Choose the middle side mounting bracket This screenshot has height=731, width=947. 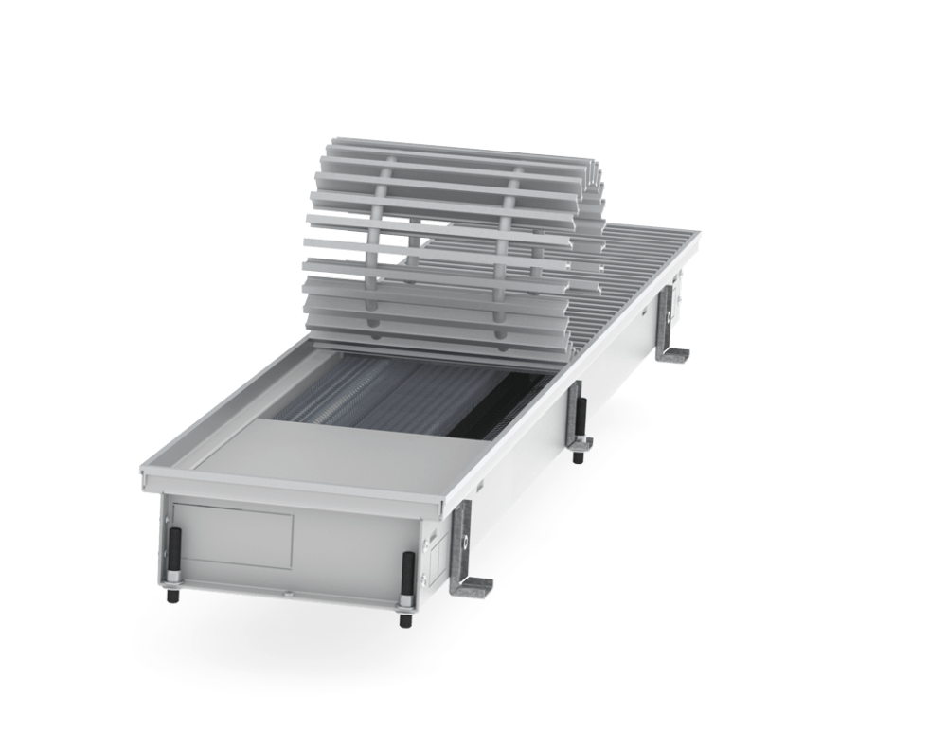click(577, 417)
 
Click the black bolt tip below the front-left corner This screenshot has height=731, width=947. click(176, 597)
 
